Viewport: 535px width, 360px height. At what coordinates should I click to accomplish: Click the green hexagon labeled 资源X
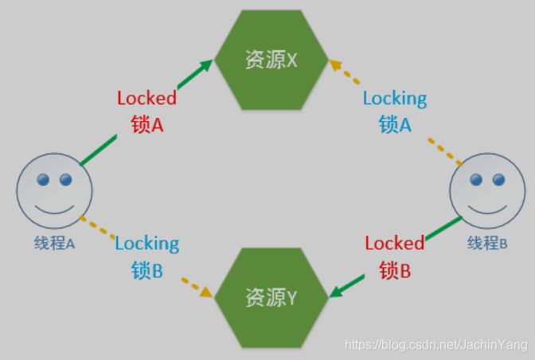(x=271, y=60)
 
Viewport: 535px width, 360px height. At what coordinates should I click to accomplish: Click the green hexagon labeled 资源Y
(x=271, y=298)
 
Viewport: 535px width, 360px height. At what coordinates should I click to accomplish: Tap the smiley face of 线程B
(x=487, y=192)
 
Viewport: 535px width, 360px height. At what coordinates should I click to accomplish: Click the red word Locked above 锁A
(x=146, y=99)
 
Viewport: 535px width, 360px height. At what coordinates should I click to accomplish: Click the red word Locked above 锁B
(x=395, y=243)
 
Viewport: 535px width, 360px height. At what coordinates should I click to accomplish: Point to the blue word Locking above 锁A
(x=395, y=99)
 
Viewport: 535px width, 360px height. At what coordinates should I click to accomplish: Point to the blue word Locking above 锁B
(x=147, y=243)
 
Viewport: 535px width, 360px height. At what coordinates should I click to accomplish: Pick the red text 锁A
(x=146, y=124)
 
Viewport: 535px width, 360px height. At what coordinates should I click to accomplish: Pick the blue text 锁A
(x=395, y=124)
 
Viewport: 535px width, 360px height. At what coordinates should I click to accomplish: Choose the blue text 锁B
(x=147, y=270)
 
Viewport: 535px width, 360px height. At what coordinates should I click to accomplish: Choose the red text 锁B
(x=395, y=270)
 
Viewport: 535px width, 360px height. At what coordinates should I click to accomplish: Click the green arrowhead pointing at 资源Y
(x=336, y=293)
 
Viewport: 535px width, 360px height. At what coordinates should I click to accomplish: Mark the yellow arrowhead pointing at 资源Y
(x=206, y=293)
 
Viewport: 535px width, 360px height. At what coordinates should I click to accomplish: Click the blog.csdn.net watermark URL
(x=436, y=345)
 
